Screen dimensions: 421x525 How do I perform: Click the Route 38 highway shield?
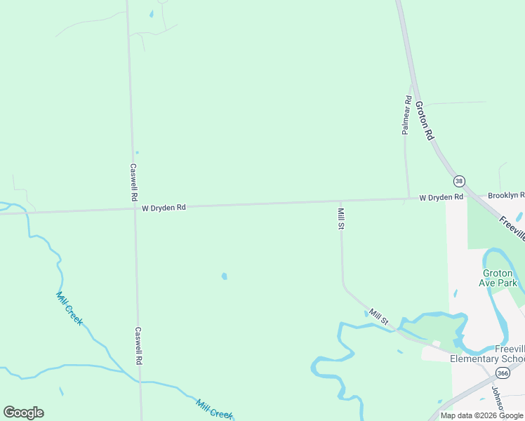(x=459, y=181)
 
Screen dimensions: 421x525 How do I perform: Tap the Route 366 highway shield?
(x=502, y=374)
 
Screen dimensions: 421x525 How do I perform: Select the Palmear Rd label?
(x=406, y=115)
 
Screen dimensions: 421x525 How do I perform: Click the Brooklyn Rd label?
(x=506, y=195)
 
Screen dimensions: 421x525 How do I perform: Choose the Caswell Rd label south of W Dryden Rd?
(x=139, y=345)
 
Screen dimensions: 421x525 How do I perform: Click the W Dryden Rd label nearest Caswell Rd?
(x=164, y=208)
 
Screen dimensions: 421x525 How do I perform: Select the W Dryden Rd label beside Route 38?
(x=441, y=198)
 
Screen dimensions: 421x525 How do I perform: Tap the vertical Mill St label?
(x=341, y=218)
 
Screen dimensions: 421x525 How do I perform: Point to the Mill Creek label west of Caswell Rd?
(x=69, y=308)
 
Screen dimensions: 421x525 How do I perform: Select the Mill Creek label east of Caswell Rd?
(x=214, y=409)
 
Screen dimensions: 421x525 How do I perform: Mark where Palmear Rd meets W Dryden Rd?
(x=408, y=199)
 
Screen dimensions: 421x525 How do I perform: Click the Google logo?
(x=23, y=413)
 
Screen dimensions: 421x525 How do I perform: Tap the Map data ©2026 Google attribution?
(x=482, y=415)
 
